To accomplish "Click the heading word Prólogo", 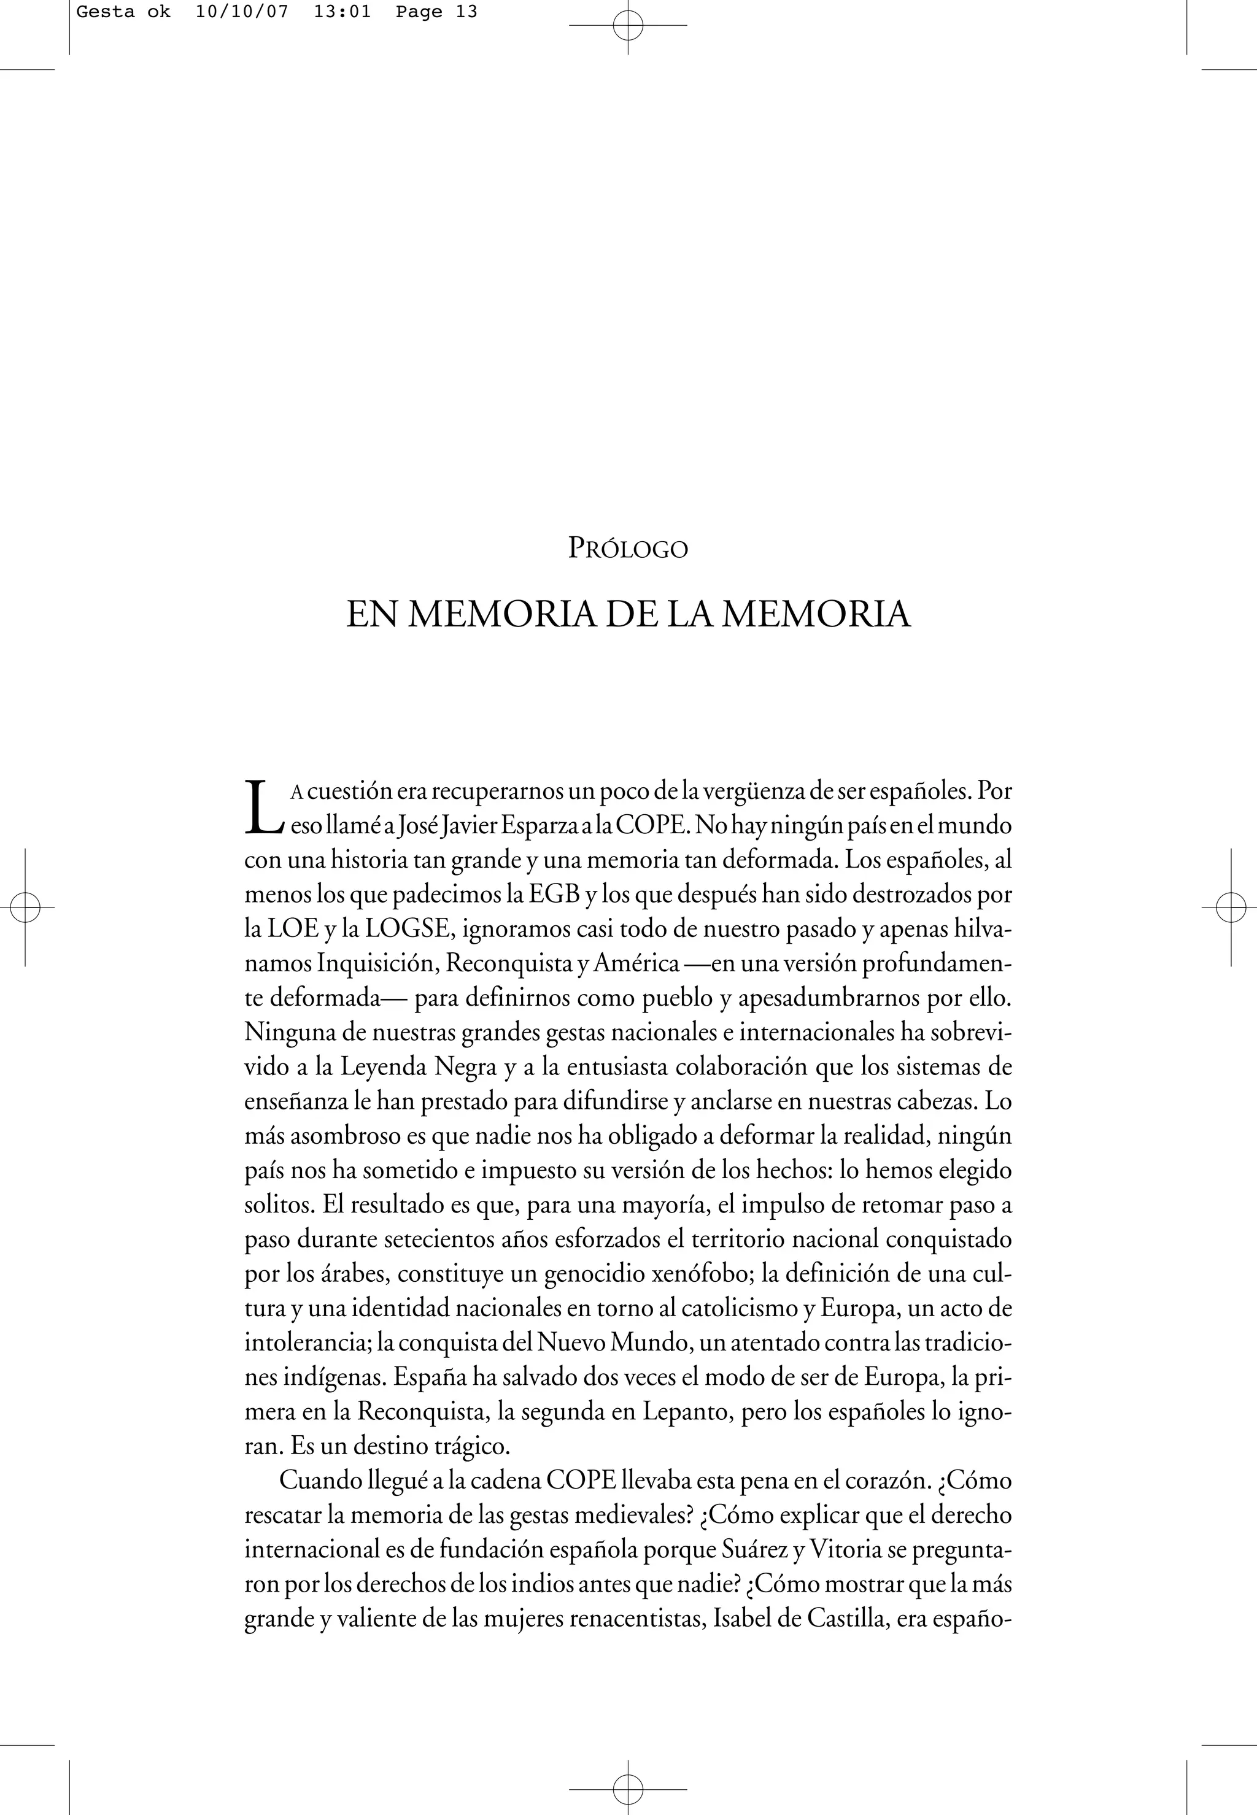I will point(628,549).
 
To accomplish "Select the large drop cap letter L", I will point(262,806).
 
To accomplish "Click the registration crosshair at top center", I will point(628,25).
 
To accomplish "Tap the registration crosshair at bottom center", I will point(628,1789).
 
